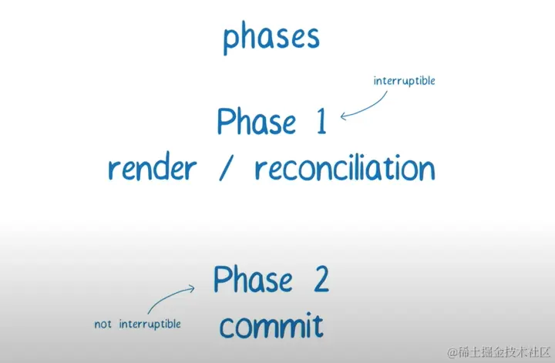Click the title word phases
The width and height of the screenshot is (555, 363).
271,38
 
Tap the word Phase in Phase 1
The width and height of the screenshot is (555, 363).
256,123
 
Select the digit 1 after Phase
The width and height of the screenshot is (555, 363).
318,122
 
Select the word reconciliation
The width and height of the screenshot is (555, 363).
344,167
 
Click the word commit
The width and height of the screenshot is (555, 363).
271,326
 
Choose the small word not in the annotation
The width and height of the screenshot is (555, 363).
104,324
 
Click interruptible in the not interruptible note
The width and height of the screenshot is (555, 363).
150,324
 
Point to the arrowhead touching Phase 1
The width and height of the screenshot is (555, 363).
345,116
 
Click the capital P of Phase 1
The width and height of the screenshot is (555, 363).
225,123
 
